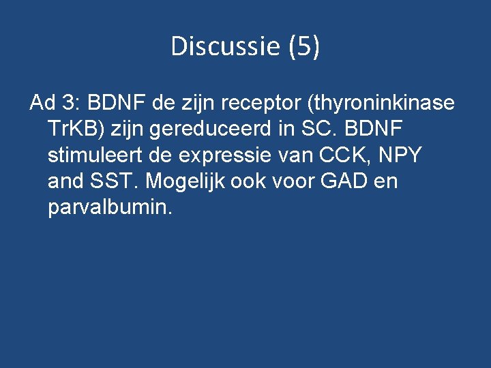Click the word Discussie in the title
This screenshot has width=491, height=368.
point(226,46)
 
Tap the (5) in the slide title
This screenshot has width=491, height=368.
point(303,46)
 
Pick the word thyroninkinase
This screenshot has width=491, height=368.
point(382,104)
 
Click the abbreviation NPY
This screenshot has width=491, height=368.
point(400,155)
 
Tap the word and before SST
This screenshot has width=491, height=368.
point(65,182)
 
